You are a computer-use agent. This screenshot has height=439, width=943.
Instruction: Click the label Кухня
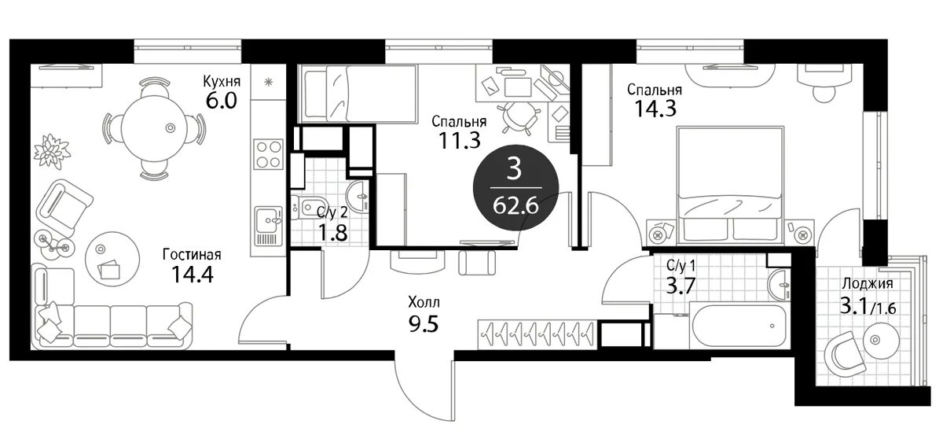[222, 81]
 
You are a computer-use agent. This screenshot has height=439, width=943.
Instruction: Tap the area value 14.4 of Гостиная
[193, 275]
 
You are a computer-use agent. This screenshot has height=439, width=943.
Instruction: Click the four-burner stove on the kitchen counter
[269, 155]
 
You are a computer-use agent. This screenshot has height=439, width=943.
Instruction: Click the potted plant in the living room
[52, 151]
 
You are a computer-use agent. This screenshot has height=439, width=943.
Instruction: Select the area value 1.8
[332, 232]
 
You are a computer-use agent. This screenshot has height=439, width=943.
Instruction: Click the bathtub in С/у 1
[739, 325]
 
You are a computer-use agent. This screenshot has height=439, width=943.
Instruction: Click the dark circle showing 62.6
[516, 188]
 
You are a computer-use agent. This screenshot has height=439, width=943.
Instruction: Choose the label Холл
[424, 302]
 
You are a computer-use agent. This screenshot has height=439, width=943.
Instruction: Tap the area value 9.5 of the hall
[424, 323]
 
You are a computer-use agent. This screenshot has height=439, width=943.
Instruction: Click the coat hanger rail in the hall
[538, 334]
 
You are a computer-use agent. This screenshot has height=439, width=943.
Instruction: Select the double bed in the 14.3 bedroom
[730, 185]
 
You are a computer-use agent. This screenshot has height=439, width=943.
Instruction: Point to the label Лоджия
[868, 284]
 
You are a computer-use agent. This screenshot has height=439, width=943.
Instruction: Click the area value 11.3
[459, 140]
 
